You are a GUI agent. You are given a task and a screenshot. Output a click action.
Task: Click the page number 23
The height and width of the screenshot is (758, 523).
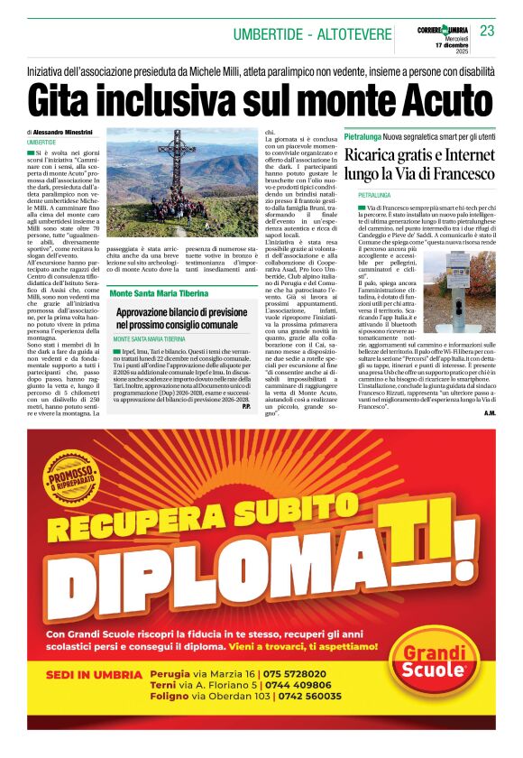click(x=487, y=31)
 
